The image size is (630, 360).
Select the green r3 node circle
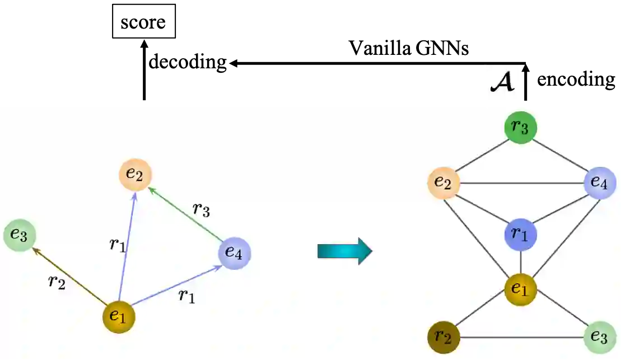coord(521,128)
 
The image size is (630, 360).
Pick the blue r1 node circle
coord(521,234)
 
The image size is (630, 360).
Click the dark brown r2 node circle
coord(444,338)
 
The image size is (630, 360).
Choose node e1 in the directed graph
coord(119,316)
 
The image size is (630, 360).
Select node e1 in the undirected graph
coord(521,289)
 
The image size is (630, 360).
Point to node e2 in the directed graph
coord(135,174)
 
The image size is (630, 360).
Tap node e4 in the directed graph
coord(234,253)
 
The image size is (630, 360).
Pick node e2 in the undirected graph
coord(444,183)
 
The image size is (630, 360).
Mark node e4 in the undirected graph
coord(600,183)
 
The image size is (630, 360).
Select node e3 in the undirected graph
coord(600,338)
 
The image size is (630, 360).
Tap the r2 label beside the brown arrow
coord(57,282)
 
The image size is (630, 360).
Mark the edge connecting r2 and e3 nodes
coord(521,338)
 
